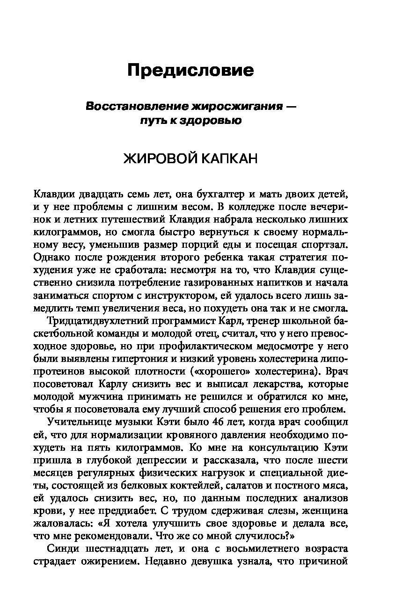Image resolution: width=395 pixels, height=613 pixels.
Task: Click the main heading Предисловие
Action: click(190, 71)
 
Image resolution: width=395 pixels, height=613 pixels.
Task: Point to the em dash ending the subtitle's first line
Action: click(291, 107)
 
